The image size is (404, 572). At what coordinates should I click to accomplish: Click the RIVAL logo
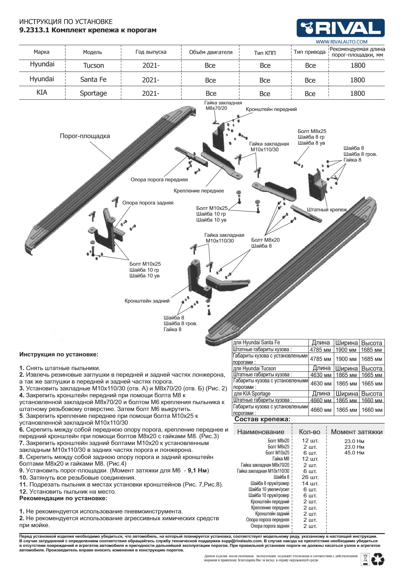click(x=341, y=28)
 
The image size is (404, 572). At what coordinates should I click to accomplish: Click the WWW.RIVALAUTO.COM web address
click(x=341, y=42)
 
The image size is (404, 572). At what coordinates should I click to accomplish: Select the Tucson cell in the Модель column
click(x=93, y=65)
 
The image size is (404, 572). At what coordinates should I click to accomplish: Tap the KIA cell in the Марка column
click(x=42, y=93)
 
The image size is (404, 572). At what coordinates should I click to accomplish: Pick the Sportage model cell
click(x=93, y=94)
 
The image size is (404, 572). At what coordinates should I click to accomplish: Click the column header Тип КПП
click(x=265, y=53)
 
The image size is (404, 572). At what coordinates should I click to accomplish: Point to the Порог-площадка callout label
click(x=85, y=136)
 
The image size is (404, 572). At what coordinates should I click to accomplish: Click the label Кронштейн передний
click(x=271, y=109)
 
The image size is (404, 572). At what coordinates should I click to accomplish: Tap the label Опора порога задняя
click(x=148, y=203)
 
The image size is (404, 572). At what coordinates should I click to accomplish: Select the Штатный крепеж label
click(x=327, y=210)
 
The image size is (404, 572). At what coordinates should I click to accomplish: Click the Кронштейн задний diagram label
click(x=147, y=301)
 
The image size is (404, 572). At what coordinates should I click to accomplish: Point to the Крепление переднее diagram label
click(x=199, y=191)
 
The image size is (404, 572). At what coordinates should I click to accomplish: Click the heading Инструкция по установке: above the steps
click(x=59, y=354)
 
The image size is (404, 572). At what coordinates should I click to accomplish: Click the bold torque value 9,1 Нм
click(x=197, y=470)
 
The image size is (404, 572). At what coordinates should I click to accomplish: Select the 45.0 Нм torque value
click(x=354, y=453)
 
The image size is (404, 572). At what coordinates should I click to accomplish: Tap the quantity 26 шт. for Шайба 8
click(x=310, y=477)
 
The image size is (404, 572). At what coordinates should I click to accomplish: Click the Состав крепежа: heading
click(x=262, y=419)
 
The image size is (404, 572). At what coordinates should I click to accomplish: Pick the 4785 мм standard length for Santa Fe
click(x=320, y=349)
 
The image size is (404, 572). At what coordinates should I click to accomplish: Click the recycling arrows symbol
click(x=378, y=560)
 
